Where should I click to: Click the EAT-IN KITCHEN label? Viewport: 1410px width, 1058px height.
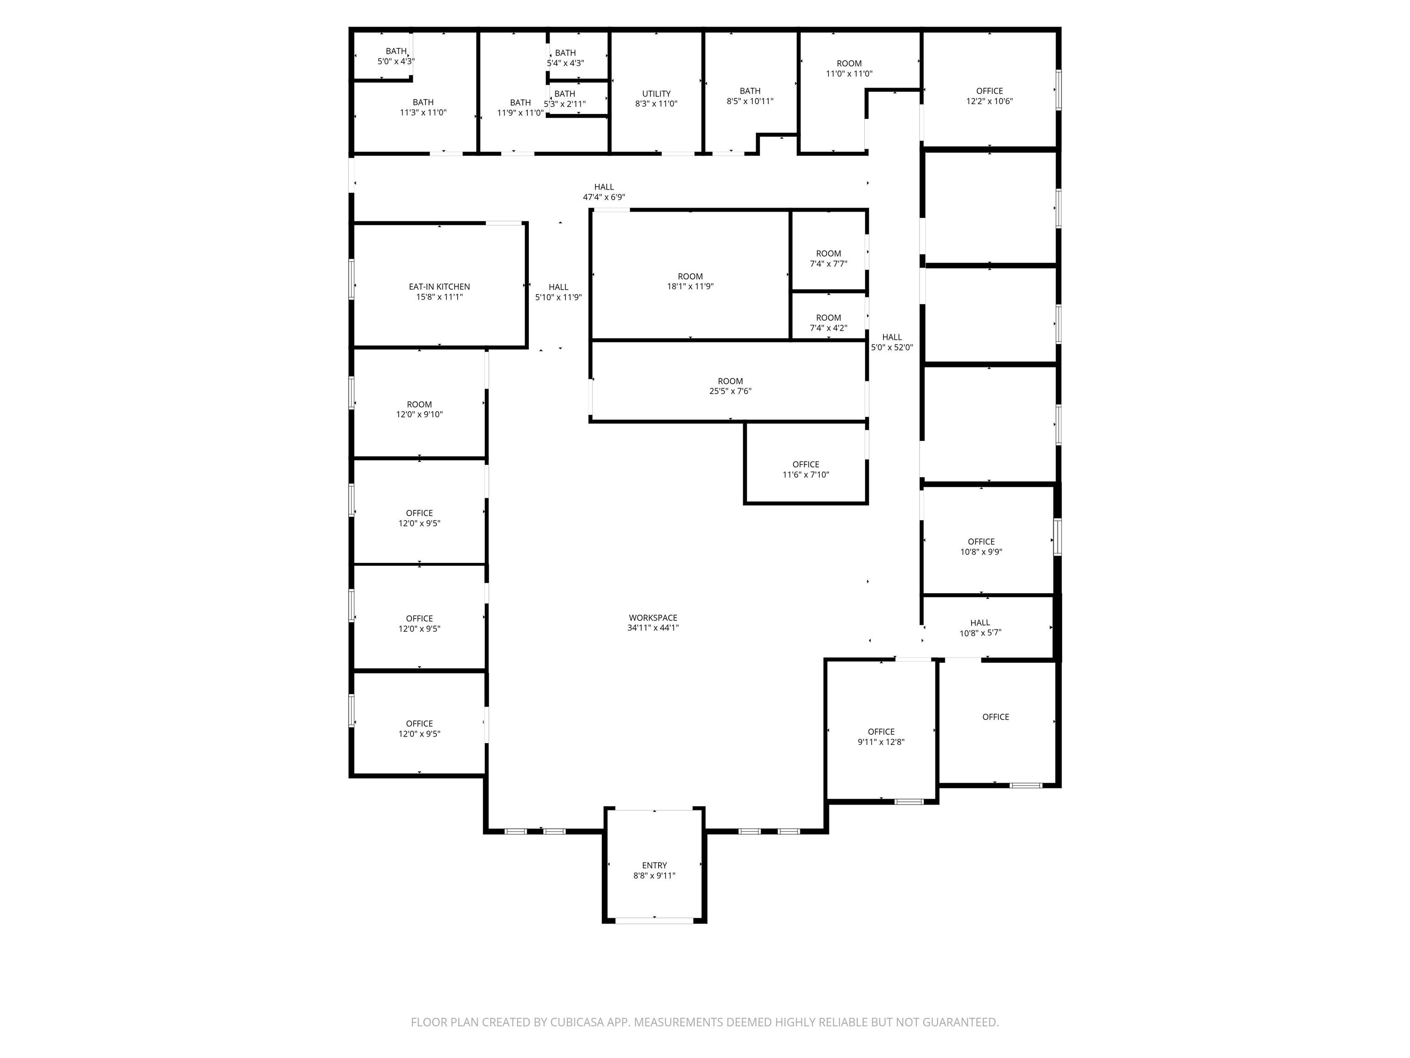[x=439, y=287]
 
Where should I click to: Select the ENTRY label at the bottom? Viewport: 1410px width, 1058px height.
[x=654, y=866]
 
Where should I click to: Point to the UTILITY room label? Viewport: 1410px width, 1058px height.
[x=656, y=94]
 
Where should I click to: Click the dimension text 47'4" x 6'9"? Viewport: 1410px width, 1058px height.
[x=604, y=197]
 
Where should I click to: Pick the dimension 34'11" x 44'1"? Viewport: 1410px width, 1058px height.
[x=653, y=628]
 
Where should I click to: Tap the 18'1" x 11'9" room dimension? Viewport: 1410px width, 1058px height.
[x=690, y=287]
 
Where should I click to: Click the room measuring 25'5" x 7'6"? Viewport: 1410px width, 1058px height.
[x=731, y=386]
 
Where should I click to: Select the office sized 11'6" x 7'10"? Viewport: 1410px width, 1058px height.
[x=806, y=469]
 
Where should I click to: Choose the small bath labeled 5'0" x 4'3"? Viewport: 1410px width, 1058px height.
[x=396, y=56]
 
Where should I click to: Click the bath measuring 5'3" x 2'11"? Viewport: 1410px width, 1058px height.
[x=565, y=99]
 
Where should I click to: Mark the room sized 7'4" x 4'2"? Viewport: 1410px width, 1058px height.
[x=828, y=323]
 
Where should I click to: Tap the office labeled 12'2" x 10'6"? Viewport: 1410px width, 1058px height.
[x=989, y=96]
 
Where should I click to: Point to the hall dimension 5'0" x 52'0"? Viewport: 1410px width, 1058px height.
[x=892, y=348]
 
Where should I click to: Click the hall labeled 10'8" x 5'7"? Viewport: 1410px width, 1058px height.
[x=980, y=628]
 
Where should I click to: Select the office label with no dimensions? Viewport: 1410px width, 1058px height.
[x=996, y=717]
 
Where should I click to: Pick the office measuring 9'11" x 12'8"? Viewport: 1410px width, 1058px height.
[x=881, y=737]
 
